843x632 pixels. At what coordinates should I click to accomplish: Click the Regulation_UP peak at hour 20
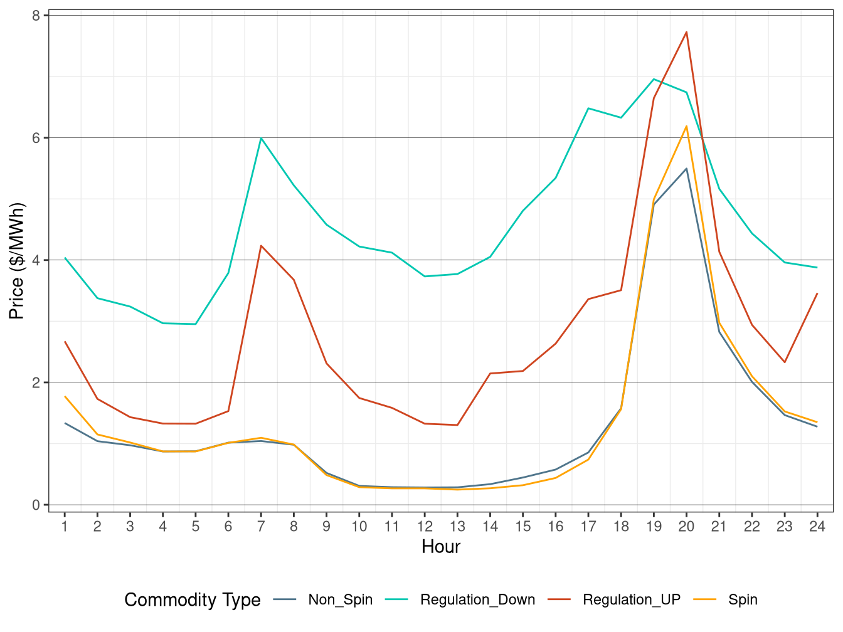pyautogui.click(x=686, y=32)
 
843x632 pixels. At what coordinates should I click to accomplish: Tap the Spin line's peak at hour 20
pyautogui.click(x=686, y=126)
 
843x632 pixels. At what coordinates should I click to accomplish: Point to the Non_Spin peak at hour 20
pyautogui.click(x=686, y=169)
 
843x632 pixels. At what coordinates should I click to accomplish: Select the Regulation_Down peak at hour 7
pyautogui.click(x=261, y=138)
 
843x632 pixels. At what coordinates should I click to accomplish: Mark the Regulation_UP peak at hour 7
pyautogui.click(x=261, y=246)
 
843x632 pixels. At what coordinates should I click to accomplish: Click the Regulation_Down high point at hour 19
pyautogui.click(x=654, y=79)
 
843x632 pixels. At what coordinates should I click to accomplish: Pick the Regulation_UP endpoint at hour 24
pyautogui.click(x=817, y=293)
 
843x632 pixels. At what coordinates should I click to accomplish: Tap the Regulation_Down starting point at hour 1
pyautogui.click(x=65, y=258)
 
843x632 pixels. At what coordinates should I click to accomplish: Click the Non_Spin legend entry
pyautogui.click(x=340, y=600)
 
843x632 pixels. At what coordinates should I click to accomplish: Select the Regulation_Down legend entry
pyautogui.click(x=477, y=600)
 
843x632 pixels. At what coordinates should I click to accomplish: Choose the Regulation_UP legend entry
pyautogui.click(x=631, y=600)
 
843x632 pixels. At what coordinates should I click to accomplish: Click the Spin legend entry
pyautogui.click(x=743, y=600)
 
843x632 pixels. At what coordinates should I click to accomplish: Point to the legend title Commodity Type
pyautogui.click(x=193, y=600)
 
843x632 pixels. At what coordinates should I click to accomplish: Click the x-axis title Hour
pyautogui.click(x=441, y=547)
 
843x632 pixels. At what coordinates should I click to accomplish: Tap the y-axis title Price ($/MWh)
pyautogui.click(x=17, y=261)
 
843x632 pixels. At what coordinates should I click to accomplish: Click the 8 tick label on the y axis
pyautogui.click(x=36, y=16)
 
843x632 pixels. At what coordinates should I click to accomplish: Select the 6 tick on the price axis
pyautogui.click(x=36, y=138)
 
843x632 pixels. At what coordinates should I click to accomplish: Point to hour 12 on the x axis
pyautogui.click(x=425, y=527)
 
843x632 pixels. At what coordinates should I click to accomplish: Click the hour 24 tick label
pyautogui.click(x=817, y=527)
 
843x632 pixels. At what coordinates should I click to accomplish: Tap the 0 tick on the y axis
pyautogui.click(x=36, y=505)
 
